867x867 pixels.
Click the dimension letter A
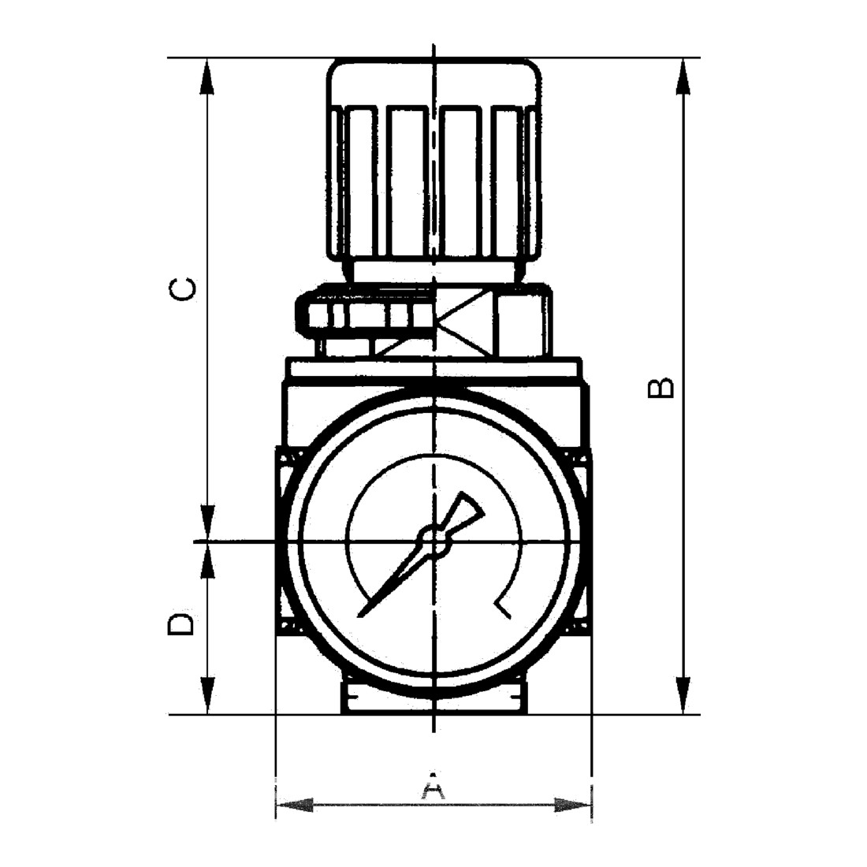tap(433, 785)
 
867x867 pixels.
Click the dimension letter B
tap(660, 389)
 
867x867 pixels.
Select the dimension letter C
tap(183, 289)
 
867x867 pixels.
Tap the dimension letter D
tap(181, 623)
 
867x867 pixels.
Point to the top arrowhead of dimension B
tap(684, 77)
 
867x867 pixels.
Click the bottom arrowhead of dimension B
tap(684, 694)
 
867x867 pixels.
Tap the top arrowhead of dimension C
tap(207, 78)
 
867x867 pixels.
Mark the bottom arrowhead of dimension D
tap(207, 695)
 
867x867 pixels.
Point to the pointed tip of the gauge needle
tap(360, 616)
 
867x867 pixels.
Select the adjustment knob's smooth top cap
tap(434, 82)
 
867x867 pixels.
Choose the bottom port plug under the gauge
tap(434, 698)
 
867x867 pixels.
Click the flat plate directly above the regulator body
tap(434, 368)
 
